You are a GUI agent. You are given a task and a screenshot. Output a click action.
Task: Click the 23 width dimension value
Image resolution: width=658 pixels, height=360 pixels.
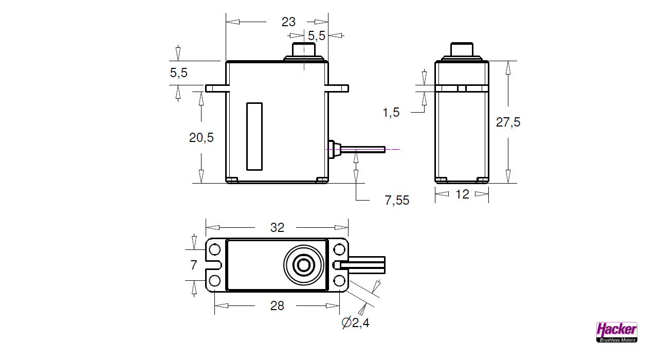pyautogui.click(x=288, y=22)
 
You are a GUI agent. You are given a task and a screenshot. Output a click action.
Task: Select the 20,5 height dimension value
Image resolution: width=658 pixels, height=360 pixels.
pyautogui.click(x=202, y=138)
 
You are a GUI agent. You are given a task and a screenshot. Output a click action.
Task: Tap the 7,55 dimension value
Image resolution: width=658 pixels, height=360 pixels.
pyautogui.click(x=397, y=201)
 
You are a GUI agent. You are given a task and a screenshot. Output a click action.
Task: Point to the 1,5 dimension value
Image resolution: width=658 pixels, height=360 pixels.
pyautogui.click(x=391, y=113)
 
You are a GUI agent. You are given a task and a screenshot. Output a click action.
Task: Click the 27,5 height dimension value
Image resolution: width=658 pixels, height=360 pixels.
pyautogui.click(x=508, y=122)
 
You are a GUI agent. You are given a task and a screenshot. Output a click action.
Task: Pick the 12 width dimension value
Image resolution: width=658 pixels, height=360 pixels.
pyautogui.click(x=462, y=194)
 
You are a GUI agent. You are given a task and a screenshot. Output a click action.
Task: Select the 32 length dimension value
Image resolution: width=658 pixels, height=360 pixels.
pyautogui.click(x=277, y=228)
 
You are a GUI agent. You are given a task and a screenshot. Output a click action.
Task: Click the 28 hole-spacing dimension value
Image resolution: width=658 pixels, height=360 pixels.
pyautogui.click(x=277, y=306)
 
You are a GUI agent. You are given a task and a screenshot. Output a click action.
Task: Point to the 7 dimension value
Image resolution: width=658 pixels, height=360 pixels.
pyautogui.click(x=193, y=265)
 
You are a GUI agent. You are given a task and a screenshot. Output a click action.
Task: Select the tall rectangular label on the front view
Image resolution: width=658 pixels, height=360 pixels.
pyautogui.click(x=254, y=136)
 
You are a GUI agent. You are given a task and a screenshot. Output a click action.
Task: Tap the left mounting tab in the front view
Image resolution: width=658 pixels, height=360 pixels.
pyautogui.click(x=216, y=88)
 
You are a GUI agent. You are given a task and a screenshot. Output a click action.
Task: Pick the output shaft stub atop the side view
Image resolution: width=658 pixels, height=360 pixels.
pyautogui.click(x=462, y=50)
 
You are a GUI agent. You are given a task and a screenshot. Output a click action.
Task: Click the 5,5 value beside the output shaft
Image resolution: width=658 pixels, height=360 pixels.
pyautogui.click(x=316, y=36)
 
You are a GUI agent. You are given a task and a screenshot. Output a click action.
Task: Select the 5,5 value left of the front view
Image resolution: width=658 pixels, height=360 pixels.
pyautogui.click(x=179, y=73)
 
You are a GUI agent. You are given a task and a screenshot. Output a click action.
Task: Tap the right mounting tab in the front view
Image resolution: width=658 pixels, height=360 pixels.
pyautogui.click(x=337, y=88)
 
